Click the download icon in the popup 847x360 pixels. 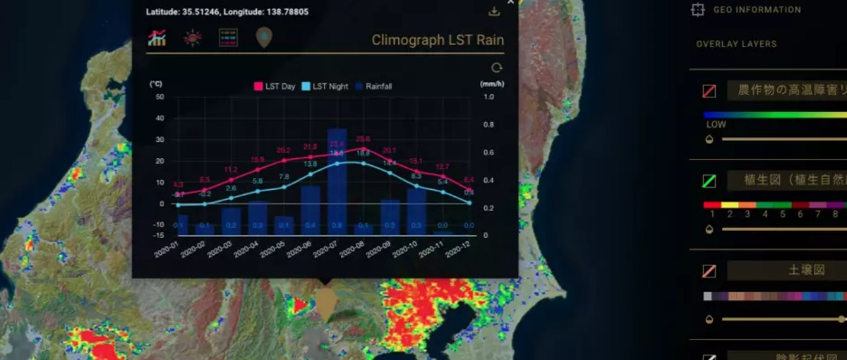494,11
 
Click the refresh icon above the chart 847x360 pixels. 497,68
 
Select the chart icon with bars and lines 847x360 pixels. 157,38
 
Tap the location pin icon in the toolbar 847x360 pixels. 264,37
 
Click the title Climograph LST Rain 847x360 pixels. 438,40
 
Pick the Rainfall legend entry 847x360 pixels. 374,86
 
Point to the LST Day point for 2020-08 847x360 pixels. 363,148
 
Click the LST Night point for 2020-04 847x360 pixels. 257,191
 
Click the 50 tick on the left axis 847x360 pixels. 160,97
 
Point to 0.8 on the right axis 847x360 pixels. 489,125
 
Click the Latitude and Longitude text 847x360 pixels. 227,12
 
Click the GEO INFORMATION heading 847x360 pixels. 757,10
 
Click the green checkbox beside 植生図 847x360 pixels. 709,181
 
